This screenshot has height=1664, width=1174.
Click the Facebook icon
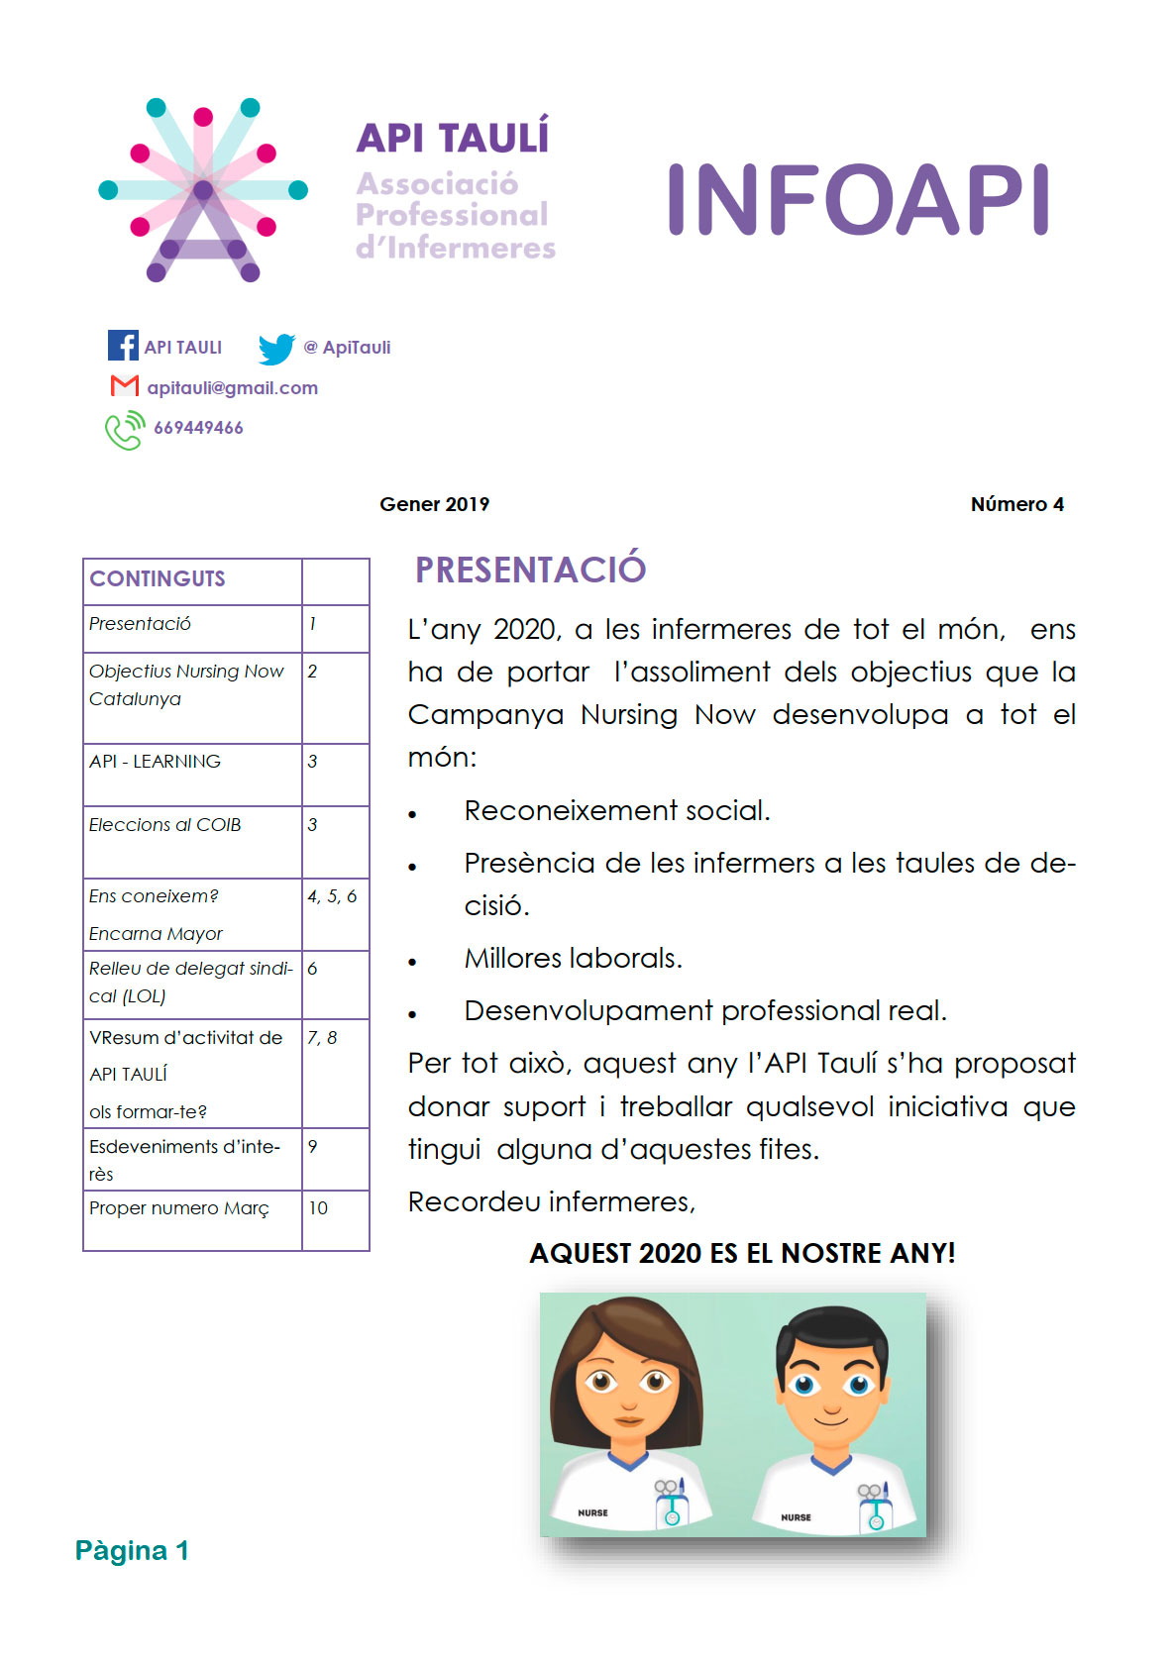point(123,345)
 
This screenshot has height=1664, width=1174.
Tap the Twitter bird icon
point(276,348)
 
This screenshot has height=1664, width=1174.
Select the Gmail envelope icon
point(124,386)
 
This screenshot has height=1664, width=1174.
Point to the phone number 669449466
point(198,428)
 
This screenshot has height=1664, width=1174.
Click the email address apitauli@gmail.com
point(232,388)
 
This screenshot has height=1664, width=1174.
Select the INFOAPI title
point(858,200)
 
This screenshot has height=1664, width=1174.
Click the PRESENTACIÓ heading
point(530,570)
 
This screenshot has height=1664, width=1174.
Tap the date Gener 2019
point(434,504)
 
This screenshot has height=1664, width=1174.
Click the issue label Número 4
point(1016,504)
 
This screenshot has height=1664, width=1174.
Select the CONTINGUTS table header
point(158,579)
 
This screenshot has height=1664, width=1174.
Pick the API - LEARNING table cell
point(156,762)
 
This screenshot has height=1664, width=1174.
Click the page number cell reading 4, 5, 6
point(332,896)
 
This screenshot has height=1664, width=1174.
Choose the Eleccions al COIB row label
point(165,825)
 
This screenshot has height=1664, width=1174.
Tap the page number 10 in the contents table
point(318,1208)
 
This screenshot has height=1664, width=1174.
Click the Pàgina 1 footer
point(132,1550)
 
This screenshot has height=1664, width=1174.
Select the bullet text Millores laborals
point(573,959)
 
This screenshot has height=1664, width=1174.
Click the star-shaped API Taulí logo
point(203,190)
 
